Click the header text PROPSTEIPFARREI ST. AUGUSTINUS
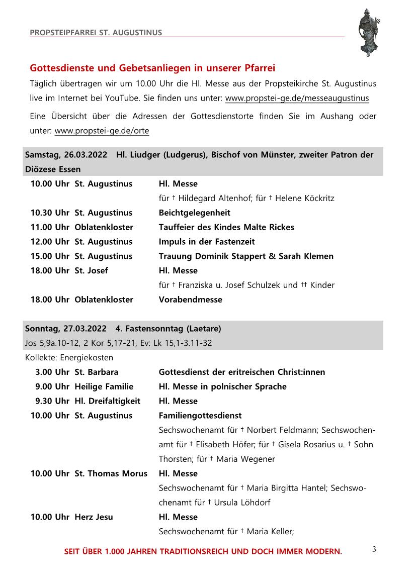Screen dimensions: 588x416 coord(96,33)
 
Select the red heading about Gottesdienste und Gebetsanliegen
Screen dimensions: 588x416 coord(152,68)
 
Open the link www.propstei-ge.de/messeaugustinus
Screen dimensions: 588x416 coord(297,98)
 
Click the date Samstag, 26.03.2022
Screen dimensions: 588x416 coord(66,155)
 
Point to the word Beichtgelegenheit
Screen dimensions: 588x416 coord(195,213)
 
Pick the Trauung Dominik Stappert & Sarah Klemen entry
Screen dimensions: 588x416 coord(246,256)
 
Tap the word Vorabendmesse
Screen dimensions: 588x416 coord(190,300)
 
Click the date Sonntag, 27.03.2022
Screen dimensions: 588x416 coord(65,329)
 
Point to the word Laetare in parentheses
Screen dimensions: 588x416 coord(203,329)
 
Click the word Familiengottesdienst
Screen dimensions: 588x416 coord(200,416)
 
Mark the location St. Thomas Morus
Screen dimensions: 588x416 coord(111,473)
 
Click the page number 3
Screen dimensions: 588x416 coord(374,549)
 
